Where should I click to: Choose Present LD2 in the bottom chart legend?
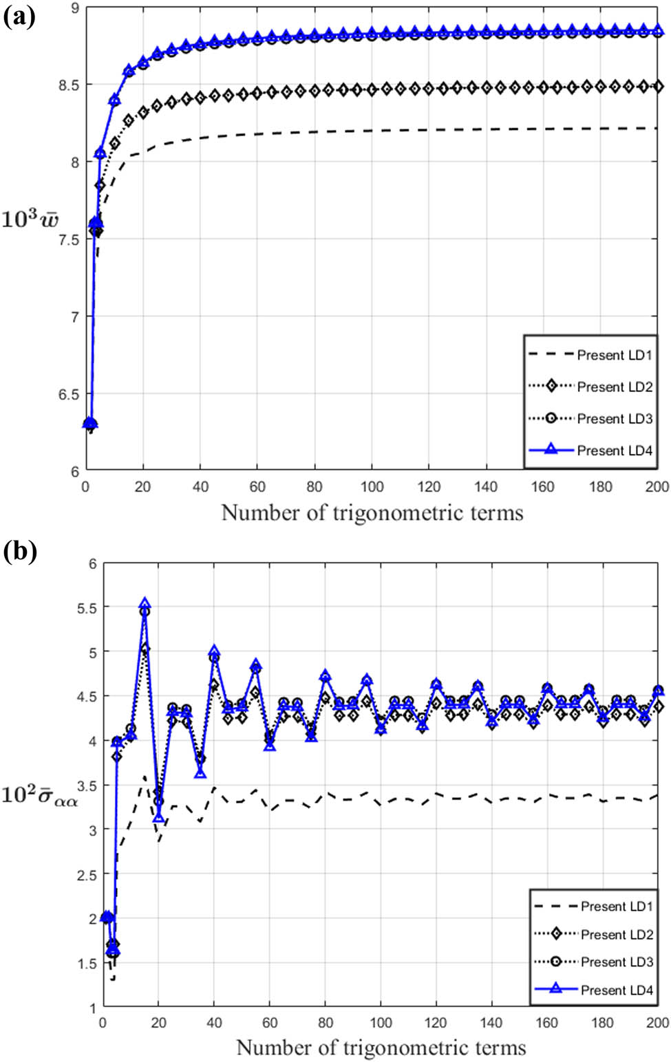coord(617,934)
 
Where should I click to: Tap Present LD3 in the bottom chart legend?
coord(617,962)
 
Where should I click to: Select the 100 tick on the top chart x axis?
coord(372,487)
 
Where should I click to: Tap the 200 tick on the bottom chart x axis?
coord(657,1023)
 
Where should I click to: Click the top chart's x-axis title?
coord(372,512)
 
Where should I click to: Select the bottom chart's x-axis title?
coord(381,1048)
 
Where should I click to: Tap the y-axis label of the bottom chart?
coord(39,795)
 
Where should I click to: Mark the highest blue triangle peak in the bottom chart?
coord(145,603)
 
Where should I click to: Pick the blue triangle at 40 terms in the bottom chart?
coord(214,651)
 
